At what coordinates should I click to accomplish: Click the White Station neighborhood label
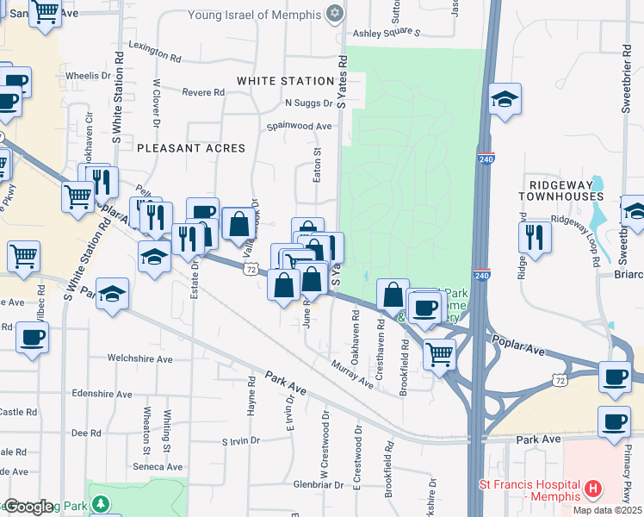click(x=285, y=81)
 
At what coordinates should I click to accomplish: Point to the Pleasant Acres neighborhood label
click(x=190, y=148)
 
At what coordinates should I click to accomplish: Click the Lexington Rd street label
click(x=155, y=51)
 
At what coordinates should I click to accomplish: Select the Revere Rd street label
click(x=203, y=92)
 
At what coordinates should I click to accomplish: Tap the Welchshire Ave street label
click(x=139, y=358)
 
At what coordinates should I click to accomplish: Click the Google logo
click(x=28, y=507)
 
